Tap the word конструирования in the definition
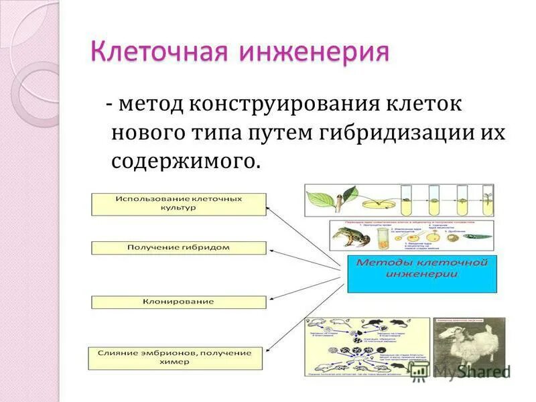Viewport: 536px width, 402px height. (284, 105)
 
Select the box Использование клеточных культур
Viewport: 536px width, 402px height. (178, 204)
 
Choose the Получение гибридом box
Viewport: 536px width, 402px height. (178, 248)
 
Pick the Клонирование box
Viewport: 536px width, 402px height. (178, 302)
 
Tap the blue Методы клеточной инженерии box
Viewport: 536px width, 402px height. (422, 273)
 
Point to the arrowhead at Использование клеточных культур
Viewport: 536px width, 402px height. (269, 208)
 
